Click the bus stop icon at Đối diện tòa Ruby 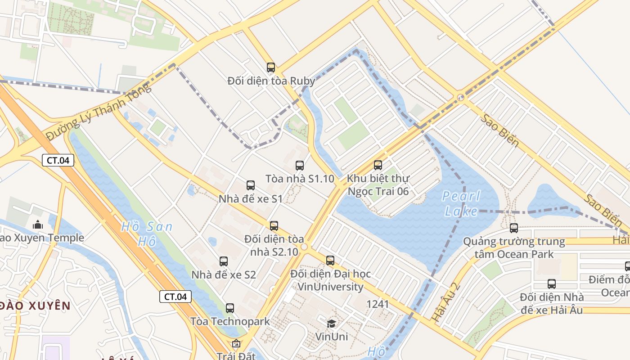[270, 67]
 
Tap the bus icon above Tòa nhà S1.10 [300, 165]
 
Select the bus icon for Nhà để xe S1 [251, 185]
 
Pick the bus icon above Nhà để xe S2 [224, 261]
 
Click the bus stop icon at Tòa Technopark [230, 308]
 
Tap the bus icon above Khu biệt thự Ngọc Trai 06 [378, 165]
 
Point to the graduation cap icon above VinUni [332, 324]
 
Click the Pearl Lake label [461, 203]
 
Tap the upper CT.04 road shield [58, 160]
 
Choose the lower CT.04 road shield [175, 297]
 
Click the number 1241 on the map [377, 304]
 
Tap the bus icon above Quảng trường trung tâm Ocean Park [514, 228]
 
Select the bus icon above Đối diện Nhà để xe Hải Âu [552, 284]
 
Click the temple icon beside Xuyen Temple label [38, 224]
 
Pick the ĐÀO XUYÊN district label [35, 306]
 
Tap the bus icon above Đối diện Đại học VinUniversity [330, 260]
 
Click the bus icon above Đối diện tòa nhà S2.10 [274, 225]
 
